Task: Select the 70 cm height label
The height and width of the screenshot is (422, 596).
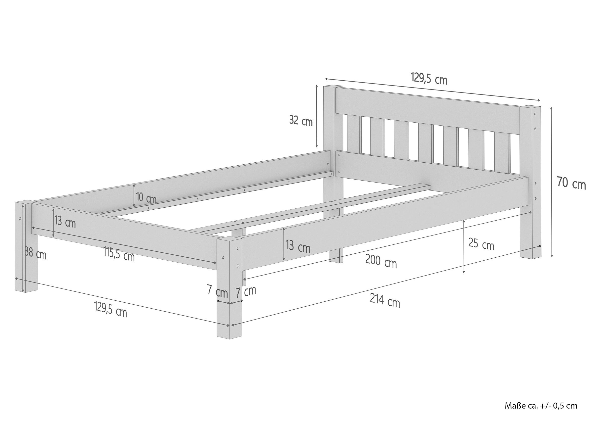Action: [x=571, y=183]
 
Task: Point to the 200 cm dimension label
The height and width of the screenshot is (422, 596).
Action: [x=381, y=261]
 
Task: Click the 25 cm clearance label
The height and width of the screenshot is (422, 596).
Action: [x=481, y=244]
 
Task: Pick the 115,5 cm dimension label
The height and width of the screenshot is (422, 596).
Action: [x=119, y=254]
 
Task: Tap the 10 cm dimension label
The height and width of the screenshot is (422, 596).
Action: [x=146, y=198]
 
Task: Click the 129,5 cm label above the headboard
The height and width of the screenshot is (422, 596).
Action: [x=429, y=78]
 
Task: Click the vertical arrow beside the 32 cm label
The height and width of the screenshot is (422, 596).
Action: [x=317, y=116]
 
